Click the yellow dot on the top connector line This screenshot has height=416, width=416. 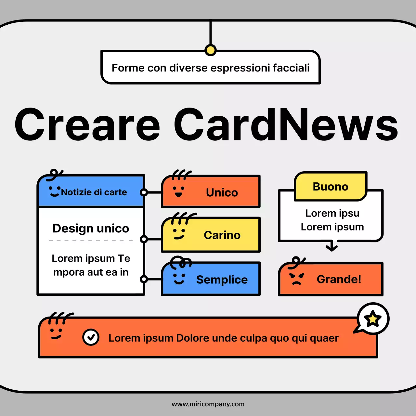point(211,50)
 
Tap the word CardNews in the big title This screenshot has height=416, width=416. point(286,125)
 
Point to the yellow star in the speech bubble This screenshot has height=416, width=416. point(373,319)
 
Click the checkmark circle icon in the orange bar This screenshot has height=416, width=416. point(91,337)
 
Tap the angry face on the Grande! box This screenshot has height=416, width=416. point(296,279)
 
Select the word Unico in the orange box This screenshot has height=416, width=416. point(222,192)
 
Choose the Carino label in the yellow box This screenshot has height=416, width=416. point(222,235)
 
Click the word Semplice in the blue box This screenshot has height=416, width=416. point(222,279)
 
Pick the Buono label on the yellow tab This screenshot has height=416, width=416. point(331,187)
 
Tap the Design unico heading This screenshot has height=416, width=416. point(91,228)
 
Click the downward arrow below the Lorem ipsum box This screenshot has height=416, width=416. point(331,246)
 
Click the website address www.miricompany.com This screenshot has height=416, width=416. point(208,404)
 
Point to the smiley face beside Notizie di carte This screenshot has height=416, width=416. point(55,191)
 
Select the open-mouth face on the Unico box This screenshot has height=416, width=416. point(178,191)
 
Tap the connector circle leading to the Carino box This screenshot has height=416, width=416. point(144,239)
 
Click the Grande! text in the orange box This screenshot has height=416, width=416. point(339,279)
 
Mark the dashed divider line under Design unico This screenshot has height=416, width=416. point(91,240)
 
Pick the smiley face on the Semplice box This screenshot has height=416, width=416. point(179,279)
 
